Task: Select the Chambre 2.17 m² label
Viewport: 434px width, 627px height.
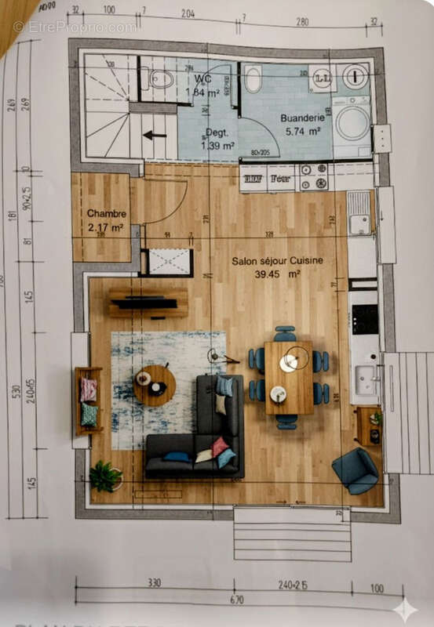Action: click(x=107, y=220)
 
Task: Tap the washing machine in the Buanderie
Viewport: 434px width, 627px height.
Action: click(x=352, y=124)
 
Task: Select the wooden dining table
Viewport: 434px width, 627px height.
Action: click(x=288, y=377)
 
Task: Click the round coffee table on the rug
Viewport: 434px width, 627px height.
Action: click(x=155, y=385)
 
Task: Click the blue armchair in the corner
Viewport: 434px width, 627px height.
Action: click(x=356, y=470)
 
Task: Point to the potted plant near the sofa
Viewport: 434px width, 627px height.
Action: click(x=104, y=476)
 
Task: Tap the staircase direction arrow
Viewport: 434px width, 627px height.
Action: click(x=155, y=135)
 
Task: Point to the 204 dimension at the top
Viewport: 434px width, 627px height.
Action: click(x=188, y=14)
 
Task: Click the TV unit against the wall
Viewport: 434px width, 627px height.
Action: click(x=148, y=303)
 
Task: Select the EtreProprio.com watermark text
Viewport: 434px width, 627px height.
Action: click(x=75, y=27)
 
